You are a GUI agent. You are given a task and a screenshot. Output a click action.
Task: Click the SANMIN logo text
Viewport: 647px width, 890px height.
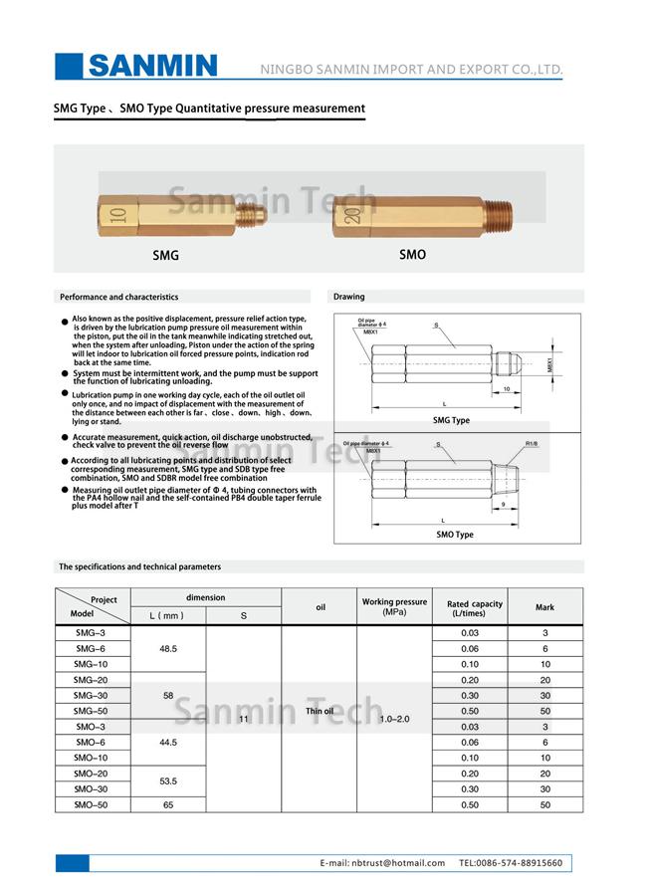[151, 67]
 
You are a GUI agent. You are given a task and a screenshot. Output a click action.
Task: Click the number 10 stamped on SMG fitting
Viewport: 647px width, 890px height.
[118, 213]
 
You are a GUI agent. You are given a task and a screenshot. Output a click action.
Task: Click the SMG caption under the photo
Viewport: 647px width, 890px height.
[165, 256]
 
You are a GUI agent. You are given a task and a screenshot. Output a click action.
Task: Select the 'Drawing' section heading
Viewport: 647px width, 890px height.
[349, 297]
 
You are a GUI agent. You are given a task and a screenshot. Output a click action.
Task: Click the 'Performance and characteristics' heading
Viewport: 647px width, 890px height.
[118, 297]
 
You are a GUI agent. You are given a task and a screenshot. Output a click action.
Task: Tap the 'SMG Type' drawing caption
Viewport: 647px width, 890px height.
[451, 420]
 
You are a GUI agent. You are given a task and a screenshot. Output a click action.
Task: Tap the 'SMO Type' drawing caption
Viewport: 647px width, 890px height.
[455, 535]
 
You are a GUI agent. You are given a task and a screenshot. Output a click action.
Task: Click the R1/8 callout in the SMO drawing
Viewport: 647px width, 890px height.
[532, 443]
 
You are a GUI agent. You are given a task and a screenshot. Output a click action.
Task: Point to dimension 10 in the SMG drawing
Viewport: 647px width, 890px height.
[507, 389]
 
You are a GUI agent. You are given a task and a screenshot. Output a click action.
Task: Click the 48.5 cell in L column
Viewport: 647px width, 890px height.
[167, 648]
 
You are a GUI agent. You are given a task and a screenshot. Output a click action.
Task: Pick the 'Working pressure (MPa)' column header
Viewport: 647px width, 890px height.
[394, 606]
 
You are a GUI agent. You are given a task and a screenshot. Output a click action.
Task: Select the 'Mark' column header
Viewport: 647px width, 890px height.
[544, 607]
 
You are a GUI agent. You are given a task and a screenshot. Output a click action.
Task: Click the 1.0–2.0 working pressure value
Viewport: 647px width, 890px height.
[394, 718]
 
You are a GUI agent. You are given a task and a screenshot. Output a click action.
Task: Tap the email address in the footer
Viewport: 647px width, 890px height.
[382, 863]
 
